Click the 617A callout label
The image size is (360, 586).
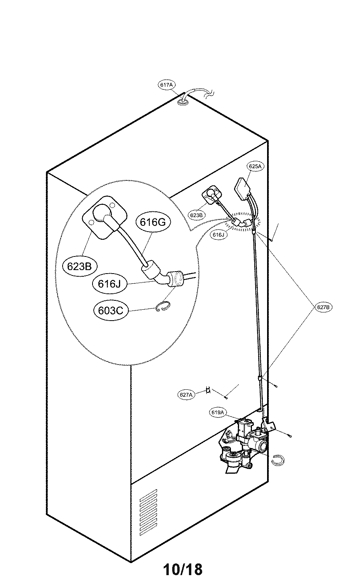coord(166,85)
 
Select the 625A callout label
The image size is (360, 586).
coord(255,166)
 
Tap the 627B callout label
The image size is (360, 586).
coord(323,307)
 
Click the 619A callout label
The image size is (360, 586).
coord(218,413)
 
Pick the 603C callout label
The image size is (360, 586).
coord(111,310)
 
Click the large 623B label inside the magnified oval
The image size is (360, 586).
coord(79,266)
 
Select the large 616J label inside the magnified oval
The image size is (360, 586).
coord(110,283)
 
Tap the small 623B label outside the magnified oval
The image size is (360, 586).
coord(196,215)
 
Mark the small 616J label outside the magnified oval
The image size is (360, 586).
coord(218,235)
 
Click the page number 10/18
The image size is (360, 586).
coord(183,570)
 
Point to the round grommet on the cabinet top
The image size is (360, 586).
coord(183,102)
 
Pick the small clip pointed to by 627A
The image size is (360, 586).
coord(208,389)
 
